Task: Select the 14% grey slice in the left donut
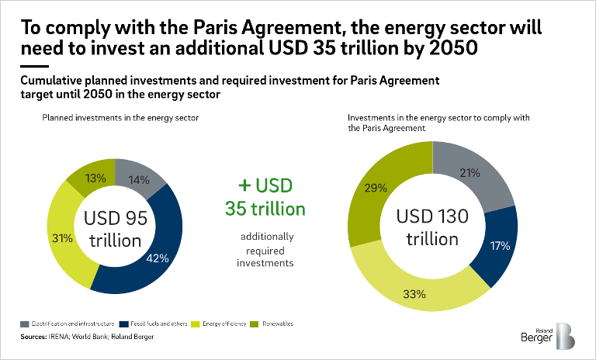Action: [x=139, y=178]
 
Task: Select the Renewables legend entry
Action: [x=272, y=322]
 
